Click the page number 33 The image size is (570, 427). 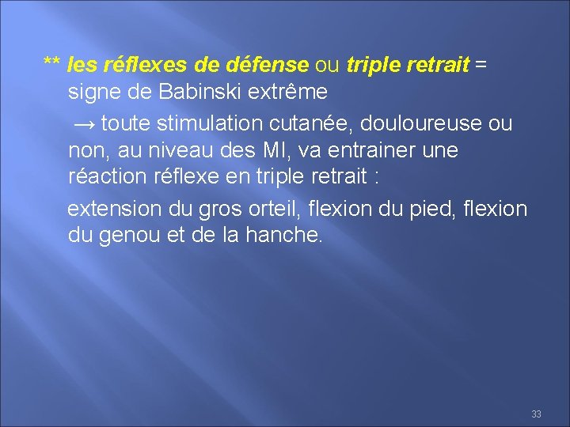[x=536, y=414]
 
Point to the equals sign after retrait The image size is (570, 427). [x=481, y=64]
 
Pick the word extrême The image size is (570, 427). [x=288, y=93]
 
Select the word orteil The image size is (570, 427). [x=271, y=209]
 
